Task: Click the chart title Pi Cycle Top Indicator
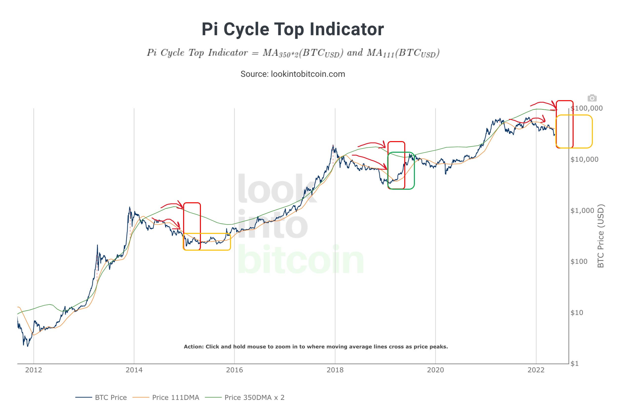click(292, 29)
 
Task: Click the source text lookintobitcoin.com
click(292, 74)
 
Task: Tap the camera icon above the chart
click(592, 98)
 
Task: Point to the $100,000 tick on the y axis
click(587, 108)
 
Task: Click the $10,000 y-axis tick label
click(584, 159)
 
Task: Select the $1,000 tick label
click(582, 210)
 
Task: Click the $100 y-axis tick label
click(579, 261)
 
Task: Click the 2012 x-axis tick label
click(34, 370)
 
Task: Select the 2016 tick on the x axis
click(234, 370)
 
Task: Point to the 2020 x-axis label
click(435, 370)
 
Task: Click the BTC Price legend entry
click(110, 398)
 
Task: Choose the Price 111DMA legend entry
click(175, 398)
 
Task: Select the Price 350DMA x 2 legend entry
click(254, 398)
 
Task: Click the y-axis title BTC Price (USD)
click(601, 236)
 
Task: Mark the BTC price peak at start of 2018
click(333, 146)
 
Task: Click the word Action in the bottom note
click(193, 347)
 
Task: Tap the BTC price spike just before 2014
click(130, 208)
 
